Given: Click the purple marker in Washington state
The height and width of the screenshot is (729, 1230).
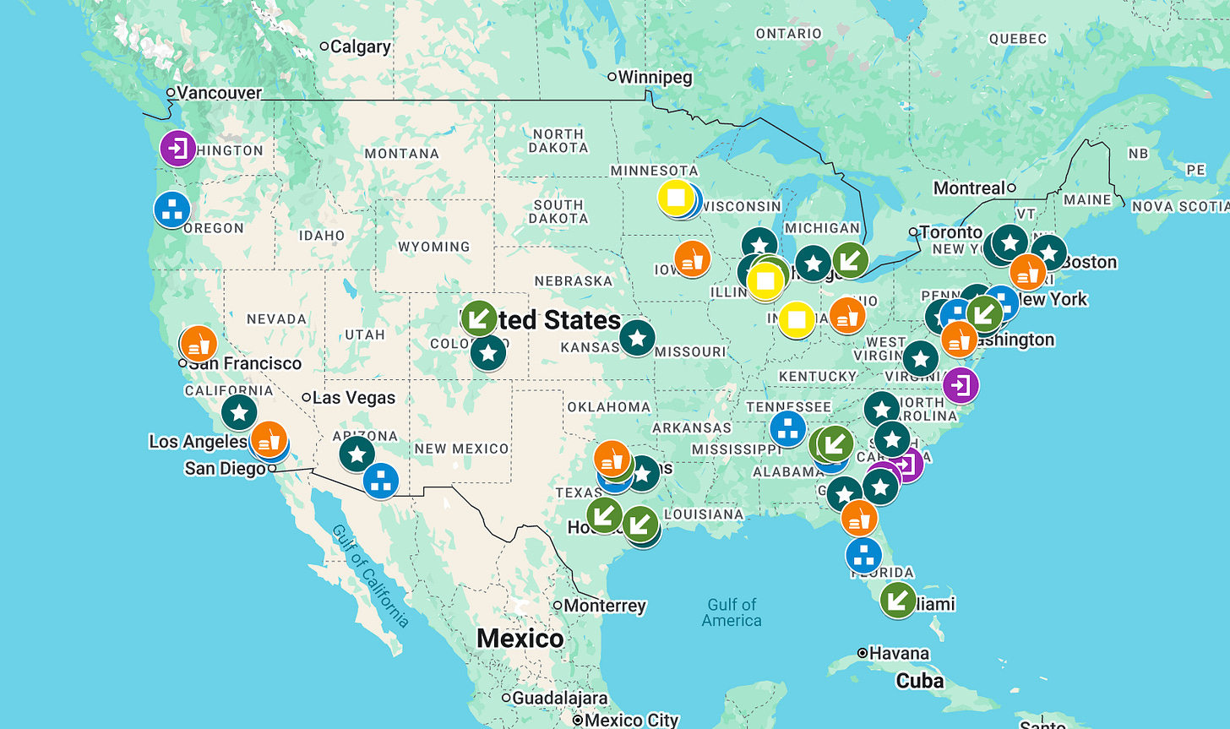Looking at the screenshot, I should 178,149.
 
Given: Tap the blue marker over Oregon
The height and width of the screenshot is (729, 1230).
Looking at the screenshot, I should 172,209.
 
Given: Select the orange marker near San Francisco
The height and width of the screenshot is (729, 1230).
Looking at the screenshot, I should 199,344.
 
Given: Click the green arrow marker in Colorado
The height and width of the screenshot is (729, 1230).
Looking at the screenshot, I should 479,318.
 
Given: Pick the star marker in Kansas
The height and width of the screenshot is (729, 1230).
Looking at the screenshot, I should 637,338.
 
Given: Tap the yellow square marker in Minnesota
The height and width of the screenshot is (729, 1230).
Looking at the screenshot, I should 676,198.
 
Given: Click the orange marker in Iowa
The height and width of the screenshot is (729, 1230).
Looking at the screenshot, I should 692,258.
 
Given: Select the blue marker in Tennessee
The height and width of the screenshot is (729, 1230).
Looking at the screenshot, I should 788,428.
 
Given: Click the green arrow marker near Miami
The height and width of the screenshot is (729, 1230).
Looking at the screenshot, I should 898,600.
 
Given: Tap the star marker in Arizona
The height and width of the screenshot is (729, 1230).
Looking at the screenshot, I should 356,454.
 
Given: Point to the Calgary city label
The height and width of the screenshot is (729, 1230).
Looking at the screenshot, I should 360,46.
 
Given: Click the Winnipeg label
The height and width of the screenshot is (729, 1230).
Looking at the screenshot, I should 655,77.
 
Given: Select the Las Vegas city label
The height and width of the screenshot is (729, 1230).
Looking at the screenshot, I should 353,397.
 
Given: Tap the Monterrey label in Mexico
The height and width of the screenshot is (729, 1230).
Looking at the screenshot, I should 604,606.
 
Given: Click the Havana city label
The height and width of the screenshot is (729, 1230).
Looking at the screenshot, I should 899,653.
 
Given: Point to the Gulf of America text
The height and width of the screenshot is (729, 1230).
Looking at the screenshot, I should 732,612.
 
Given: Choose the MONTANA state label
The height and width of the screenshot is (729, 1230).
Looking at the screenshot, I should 401,154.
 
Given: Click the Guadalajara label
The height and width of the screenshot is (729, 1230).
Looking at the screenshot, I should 559,698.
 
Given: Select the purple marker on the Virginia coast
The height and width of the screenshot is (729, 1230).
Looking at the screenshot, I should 961,385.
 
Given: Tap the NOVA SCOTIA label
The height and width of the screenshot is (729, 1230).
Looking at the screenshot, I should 1179,206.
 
